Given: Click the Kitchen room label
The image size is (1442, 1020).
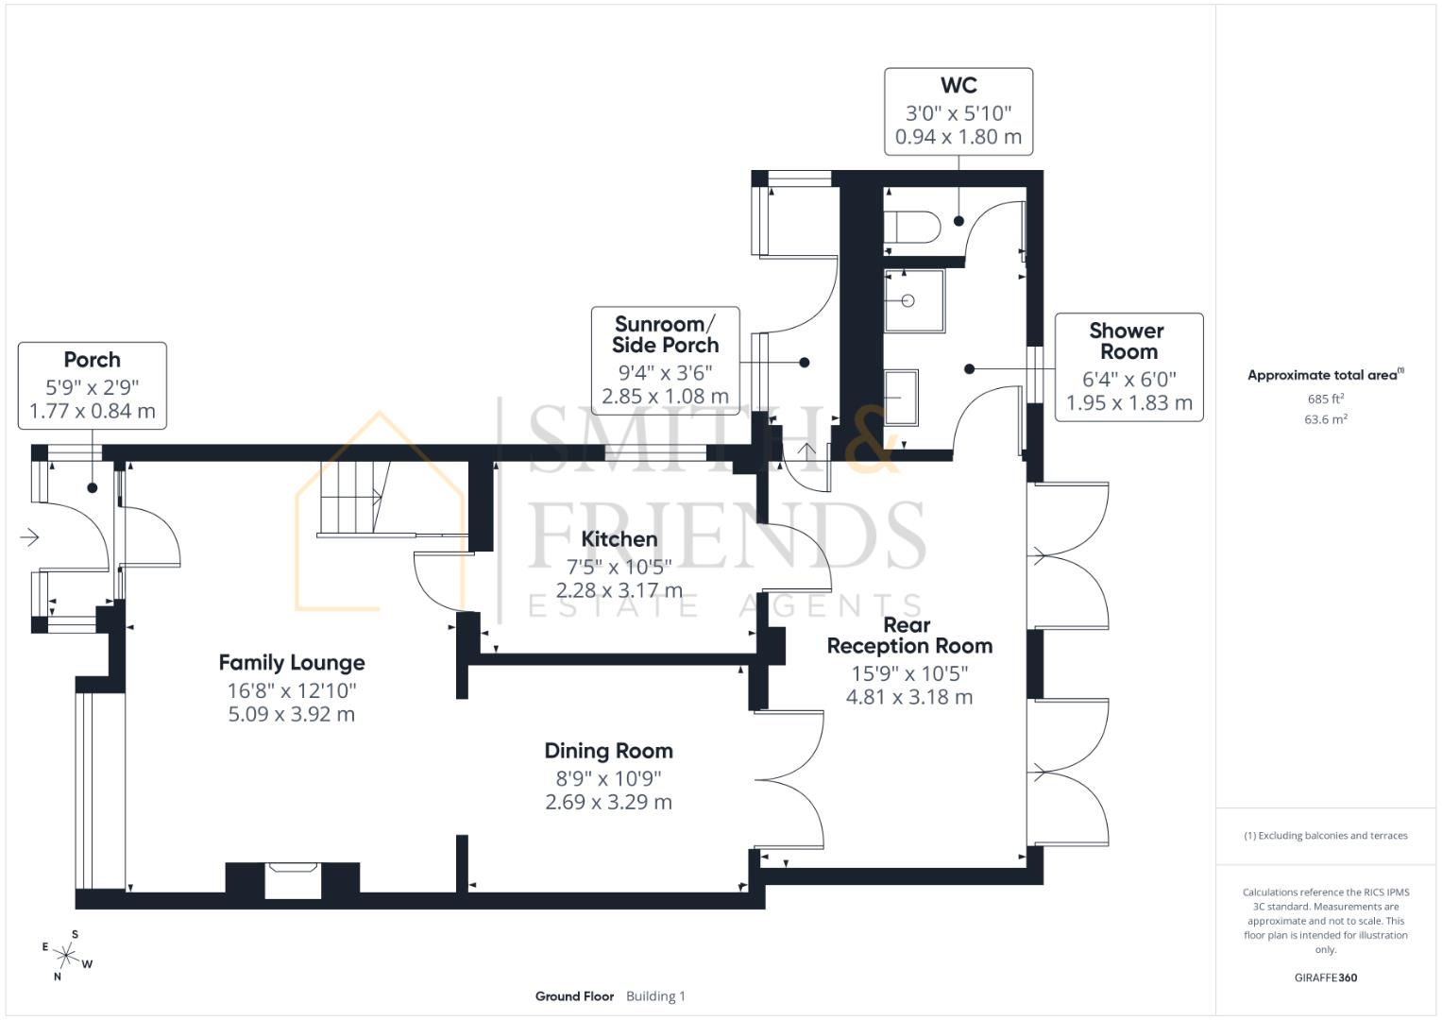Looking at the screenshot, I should tap(619, 539).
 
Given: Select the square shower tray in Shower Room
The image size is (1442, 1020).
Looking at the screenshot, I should tap(914, 301).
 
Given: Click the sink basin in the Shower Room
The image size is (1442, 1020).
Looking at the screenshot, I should tap(901, 398).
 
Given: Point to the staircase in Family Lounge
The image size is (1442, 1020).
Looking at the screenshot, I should tap(354, 498).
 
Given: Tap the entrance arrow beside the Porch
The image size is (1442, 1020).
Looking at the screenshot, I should tap(29, 537).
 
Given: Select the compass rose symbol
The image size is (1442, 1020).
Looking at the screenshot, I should tap(67, 955).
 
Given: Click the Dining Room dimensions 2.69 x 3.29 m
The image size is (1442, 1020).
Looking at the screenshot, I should tap(608, 802).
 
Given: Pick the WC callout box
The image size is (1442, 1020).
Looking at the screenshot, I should tap(958, 111).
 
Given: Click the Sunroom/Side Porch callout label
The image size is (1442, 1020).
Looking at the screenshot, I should tap(665, 335).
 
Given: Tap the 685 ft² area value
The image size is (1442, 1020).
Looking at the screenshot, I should tap(1325, 399).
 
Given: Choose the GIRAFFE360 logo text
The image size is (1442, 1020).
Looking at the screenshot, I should tap(1325, 977).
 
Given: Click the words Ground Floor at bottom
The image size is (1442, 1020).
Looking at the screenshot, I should tap(574, 995).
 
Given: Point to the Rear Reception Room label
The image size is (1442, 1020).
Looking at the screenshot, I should tap(908, 636).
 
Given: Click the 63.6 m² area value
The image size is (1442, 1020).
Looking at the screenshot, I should tap(1325, 419).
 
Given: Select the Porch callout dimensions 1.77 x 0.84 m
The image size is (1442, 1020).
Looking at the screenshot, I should tap(93, 411).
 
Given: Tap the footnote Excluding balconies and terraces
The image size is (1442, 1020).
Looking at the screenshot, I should tap(1325, 836).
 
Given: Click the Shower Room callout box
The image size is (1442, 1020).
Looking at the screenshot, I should tap(1128, 367).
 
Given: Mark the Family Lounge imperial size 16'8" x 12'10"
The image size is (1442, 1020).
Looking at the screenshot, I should tap(292, 691).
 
